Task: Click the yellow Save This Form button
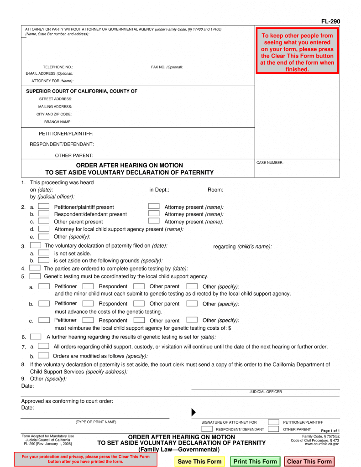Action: pos(199,462)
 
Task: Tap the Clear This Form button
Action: pos(309,462)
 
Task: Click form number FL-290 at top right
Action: pos(331,21)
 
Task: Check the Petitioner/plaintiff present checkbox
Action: pos(44,207)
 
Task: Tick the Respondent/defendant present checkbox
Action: pos(44,214)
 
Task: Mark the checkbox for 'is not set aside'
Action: pos(44,253)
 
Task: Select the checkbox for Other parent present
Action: pos(44,221)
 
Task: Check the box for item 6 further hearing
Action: pos(36,337)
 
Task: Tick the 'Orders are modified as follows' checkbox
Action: pos(44,355)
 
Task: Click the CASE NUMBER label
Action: pos(270,163)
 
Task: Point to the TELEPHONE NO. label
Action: pos(58,67)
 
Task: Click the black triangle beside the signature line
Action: pos(194,412)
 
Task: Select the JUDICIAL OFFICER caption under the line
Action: pos(266,392)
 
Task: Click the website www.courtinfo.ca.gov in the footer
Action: pos(322,444)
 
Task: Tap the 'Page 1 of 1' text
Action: pos(330,431)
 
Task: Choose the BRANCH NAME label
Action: pos(58,122)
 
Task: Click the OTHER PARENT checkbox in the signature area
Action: pos(273,429)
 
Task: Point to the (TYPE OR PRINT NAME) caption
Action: pos(96,422)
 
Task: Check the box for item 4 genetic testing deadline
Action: pos(35,268)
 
